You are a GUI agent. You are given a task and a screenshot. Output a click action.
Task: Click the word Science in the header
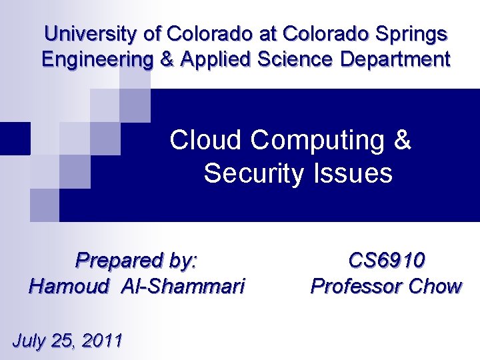299,59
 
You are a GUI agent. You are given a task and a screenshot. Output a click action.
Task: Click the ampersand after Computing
403,141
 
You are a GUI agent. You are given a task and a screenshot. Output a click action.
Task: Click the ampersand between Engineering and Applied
165,59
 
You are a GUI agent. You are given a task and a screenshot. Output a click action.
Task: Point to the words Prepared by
137,260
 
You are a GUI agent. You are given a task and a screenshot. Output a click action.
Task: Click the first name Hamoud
69,287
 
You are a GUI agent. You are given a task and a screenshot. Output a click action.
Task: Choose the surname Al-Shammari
183,287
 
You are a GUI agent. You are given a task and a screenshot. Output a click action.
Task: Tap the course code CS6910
387,260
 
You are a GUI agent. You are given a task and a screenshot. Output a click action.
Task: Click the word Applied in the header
213,59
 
